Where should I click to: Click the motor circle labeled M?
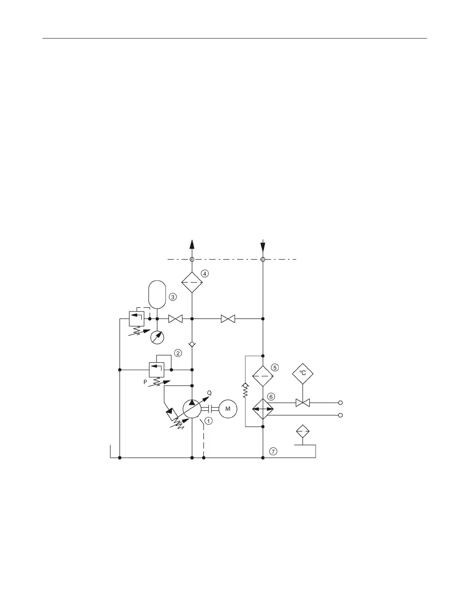(x=228, y=409)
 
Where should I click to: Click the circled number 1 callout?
(x=208, y=421)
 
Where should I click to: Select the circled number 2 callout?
(x=178, y=352)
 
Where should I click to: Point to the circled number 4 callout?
(x=205, y=273)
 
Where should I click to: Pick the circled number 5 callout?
(x=275, y=367)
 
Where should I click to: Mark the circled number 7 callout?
(x=273, y=452)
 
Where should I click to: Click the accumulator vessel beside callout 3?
(x=157, y=295)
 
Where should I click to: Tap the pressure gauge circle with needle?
(x=157, y=337)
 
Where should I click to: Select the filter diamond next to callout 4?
(x=192, y=282)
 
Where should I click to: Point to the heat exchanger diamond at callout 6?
(x=263, y=409)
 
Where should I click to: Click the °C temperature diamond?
(x=303, y=373)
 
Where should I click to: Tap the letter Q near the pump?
(x=209, y=393)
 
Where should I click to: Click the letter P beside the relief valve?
(x=145, y=382)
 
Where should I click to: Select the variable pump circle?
(x=192, y=409)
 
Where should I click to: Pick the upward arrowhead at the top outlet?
(x=192, y=244)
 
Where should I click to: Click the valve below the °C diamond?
(x=303, y=403)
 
